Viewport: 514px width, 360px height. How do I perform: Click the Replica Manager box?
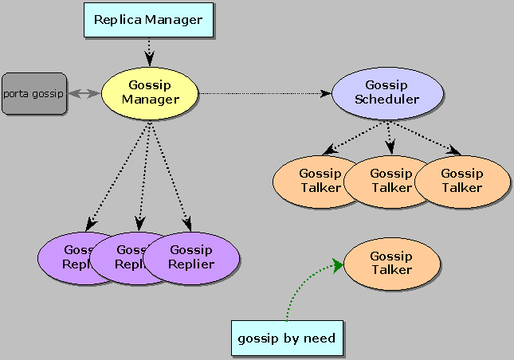[x=148, y=20]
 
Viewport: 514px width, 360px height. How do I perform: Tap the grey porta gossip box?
[x=33, y=94]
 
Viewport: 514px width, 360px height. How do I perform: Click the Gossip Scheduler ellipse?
[x=386, y=92]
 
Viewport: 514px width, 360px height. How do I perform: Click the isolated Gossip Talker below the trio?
[x=391, y=264]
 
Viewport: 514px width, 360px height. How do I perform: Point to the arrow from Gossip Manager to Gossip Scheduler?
[x=263, y=94]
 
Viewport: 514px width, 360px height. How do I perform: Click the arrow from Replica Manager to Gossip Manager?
[x=148, y=53]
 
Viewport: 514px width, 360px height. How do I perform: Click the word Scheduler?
[x=386, y=100]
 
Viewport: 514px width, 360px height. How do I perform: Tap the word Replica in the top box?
[x=117, y=20]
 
